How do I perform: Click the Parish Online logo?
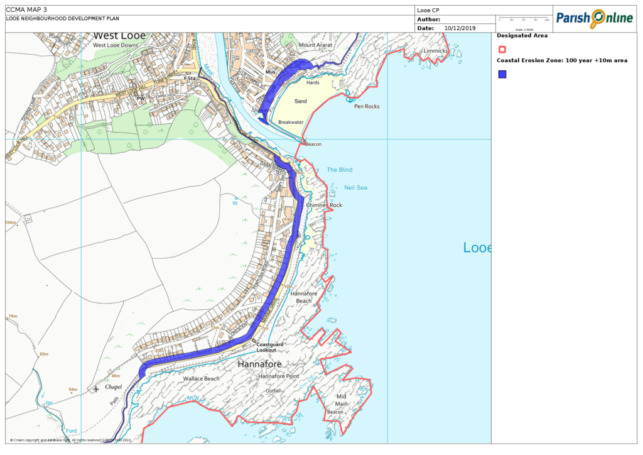tap(593, 19)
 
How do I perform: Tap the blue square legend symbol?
tap(502, 74)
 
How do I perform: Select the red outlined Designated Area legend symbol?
tap(502, 49)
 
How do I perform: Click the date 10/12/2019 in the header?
tap(460, 28)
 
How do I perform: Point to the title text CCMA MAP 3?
tap(26, 9)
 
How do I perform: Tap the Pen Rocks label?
tap(367, 106)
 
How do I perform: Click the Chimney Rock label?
tap(324, 205)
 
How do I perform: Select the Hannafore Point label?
tap(278, 376)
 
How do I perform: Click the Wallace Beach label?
tap(201, 379)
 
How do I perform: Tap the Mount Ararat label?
tap(315, 45)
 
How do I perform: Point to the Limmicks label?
tap(436, 50)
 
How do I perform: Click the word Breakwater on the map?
tap(291, 122)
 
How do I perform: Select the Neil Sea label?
tap(355, 187)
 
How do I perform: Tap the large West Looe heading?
tap(119, 36)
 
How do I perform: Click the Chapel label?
tap(114, 386)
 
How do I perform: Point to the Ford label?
tap(71, 430)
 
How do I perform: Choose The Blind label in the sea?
tap(340, 170)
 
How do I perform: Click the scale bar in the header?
tap(524, 21)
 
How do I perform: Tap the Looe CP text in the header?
tap(428, 10)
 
